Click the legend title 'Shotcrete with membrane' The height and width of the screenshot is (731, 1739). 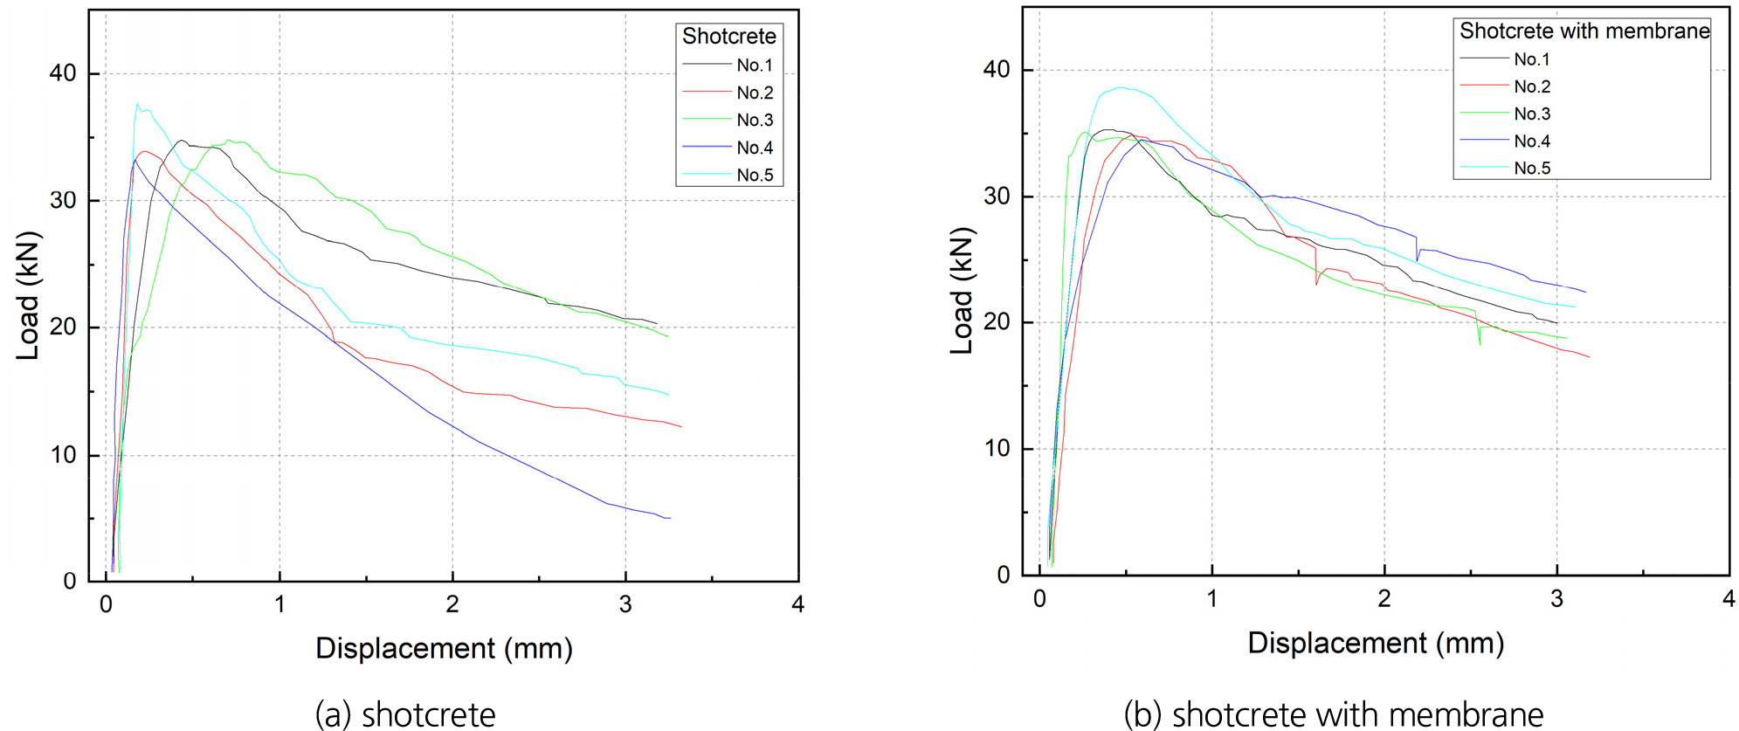(x=1584, y=31)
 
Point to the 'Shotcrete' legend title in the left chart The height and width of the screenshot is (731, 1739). (x=728, y=36)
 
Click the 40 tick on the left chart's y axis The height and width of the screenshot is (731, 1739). (x=63, y=73)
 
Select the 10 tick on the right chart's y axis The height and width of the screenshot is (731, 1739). (x=997, y=449)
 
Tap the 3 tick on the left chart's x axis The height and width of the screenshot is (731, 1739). (x=625, y=604)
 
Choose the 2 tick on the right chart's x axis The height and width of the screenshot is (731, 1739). (x=1384, y=599)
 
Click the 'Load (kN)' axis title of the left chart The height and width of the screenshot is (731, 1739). (x=28, y=295)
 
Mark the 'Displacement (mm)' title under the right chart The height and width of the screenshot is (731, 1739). (x=1376, y=643)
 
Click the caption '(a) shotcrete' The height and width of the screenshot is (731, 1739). (x=405, y=714)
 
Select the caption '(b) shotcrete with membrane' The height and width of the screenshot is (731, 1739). (x=1334, y=714)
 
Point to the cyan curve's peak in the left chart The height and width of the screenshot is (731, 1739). (x=137, y=104)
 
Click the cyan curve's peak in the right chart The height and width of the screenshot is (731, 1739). (x=1121, y=87)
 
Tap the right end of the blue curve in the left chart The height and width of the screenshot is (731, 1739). (x=670, y=518)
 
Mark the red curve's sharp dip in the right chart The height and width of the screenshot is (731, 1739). (x=1316, y=284)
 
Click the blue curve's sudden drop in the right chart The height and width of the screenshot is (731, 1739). (x=1417, y=259)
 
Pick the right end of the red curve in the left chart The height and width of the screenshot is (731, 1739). (x=681, y=427)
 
